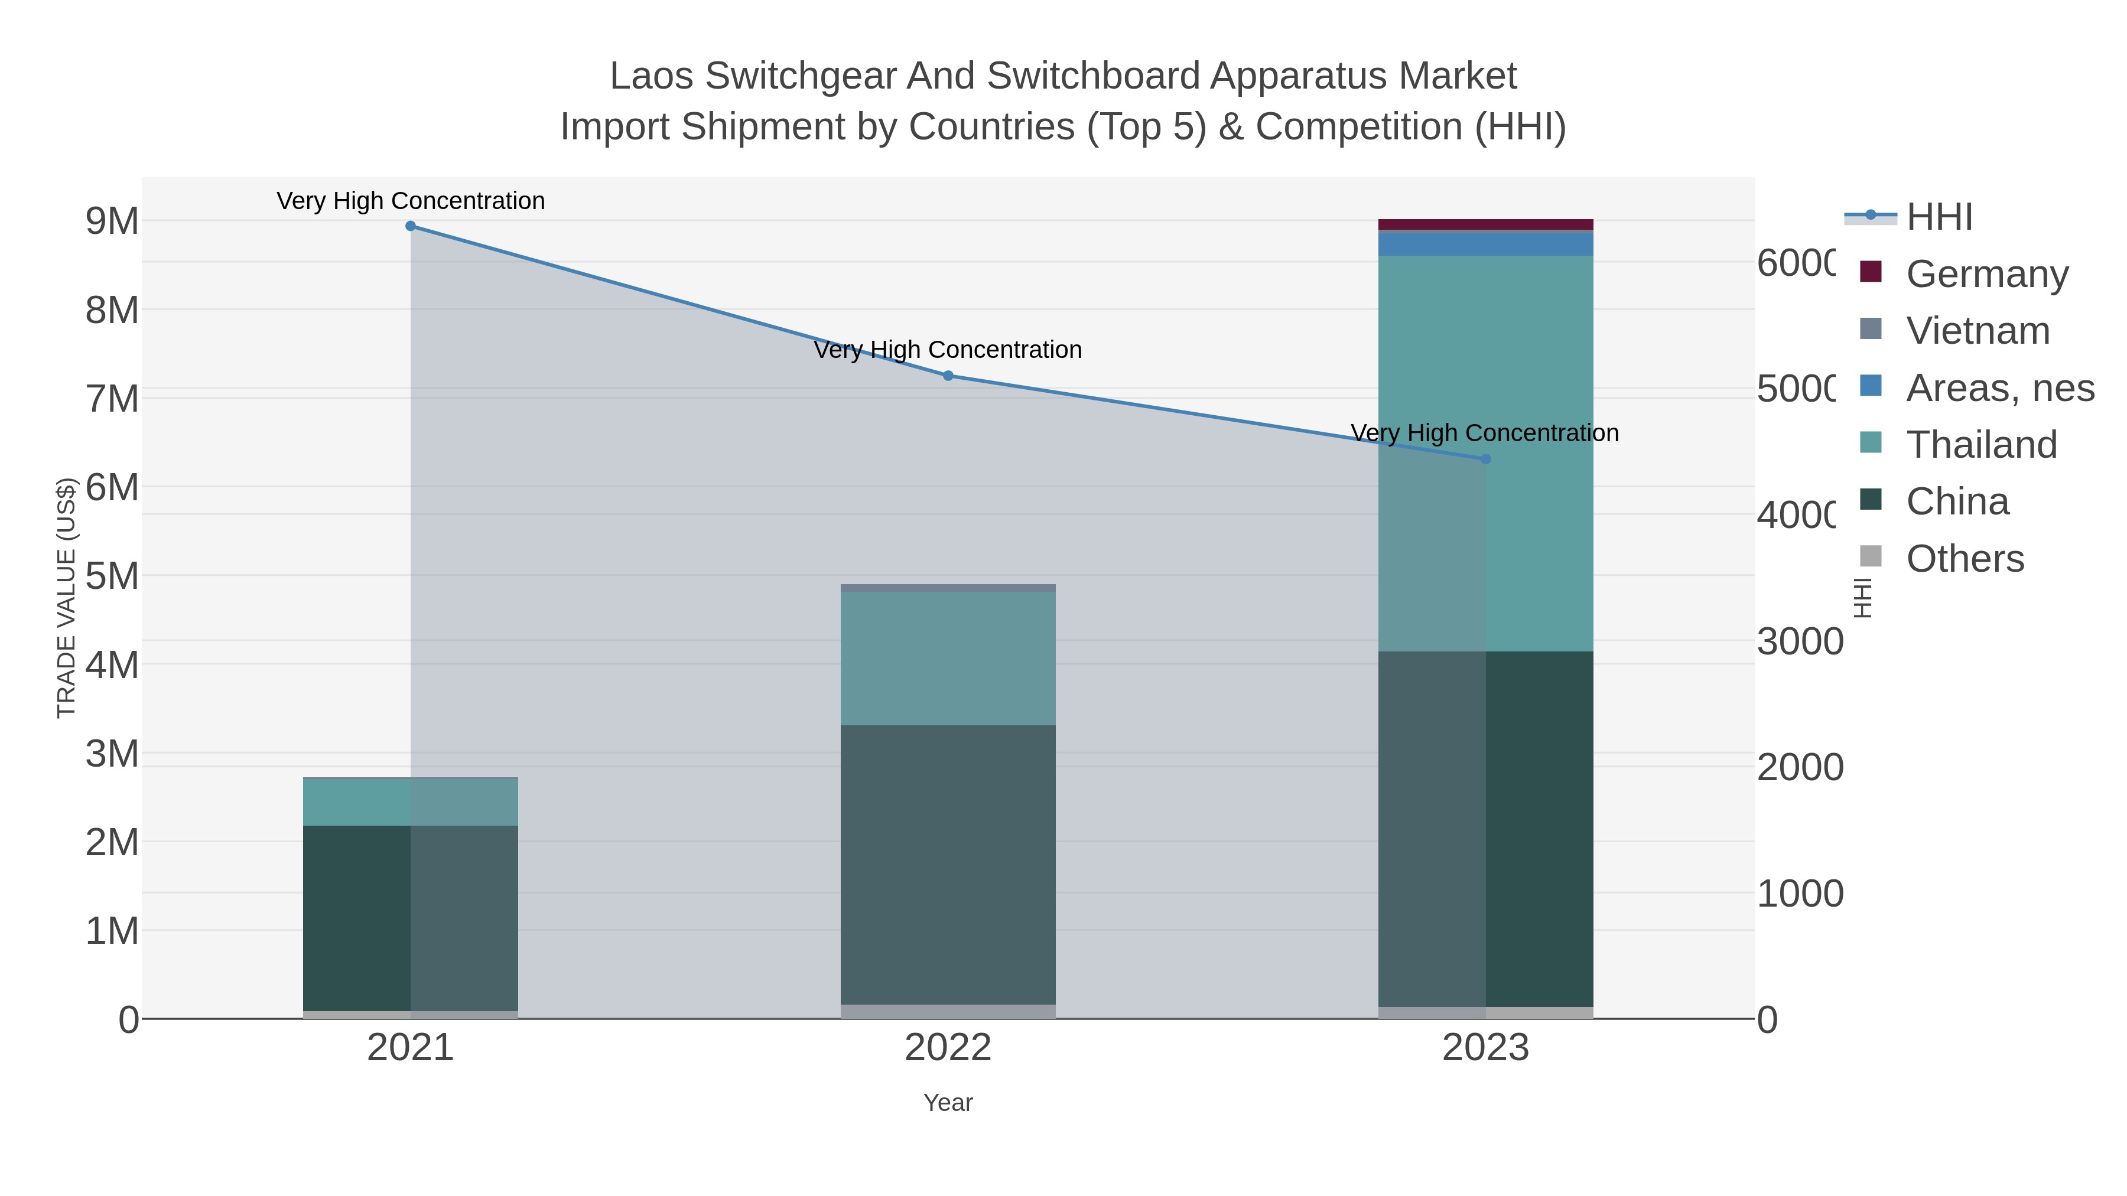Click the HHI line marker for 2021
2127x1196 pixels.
pos(411,226)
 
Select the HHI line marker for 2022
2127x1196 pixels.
pos(948,376)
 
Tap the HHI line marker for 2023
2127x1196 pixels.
pos(1485,459)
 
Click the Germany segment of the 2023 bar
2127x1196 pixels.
pos(1485,224)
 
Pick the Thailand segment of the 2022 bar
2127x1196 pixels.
pos(948,658)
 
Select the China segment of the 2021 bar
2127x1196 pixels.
pos(411,918)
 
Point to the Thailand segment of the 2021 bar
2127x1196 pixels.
pos(411,801)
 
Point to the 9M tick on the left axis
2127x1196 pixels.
pos(112,221)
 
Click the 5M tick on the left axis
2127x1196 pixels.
pos(112,576)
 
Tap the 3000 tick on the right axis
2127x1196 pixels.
pos(1799,641)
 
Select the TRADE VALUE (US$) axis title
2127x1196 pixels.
pos(66,598)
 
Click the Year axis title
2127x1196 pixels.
pos(948,1103)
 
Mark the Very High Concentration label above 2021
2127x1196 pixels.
pos(411,201)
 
